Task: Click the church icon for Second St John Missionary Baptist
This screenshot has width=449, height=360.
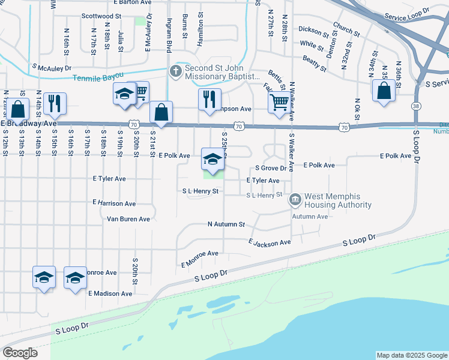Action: coord(176,72)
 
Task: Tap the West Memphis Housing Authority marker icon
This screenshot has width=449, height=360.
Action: coord(295,199)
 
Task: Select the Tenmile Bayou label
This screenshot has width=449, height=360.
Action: coord(98,77)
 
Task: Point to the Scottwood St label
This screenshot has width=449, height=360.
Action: coord(101,16)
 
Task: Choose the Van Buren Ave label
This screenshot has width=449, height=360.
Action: coord(128,219)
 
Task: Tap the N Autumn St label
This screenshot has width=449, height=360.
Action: coord(226,224)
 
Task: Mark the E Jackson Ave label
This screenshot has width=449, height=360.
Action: coord(270,242)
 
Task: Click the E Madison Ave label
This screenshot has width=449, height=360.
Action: coord(110,293)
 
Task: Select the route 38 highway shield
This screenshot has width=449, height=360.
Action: coord(415,106)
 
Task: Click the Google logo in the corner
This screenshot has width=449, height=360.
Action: coord(20,352)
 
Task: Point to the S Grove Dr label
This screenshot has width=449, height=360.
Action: coord(271,168)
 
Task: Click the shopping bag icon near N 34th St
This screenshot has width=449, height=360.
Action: coord(384,91)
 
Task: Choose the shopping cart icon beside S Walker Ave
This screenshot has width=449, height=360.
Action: coord(279,103)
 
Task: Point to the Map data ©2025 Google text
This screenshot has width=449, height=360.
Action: coord(411,355)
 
